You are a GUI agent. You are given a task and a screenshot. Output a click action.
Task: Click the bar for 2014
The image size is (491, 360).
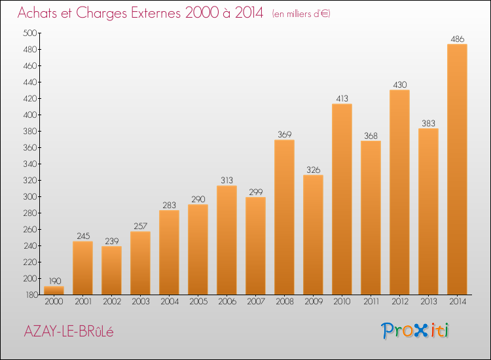coord(457,169)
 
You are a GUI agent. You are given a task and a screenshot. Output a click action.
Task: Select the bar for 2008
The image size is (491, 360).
coord(284,217)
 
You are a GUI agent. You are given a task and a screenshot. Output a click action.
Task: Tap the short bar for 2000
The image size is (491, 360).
coord(54,290)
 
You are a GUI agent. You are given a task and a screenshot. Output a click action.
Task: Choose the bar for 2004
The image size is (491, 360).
coord(169,252)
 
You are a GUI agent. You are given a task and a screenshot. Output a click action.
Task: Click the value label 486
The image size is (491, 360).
coord(457,39)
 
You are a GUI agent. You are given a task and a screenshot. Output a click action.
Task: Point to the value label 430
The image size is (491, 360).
coord(399,85)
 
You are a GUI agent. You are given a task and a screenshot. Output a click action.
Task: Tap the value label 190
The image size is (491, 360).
coord(54,281)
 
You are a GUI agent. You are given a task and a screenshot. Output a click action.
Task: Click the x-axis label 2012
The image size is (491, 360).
coord(399,302)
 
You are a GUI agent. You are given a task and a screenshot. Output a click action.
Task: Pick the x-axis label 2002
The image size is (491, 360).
coord(111,302)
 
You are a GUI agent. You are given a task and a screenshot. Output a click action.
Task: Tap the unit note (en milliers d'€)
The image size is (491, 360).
coord(301,14)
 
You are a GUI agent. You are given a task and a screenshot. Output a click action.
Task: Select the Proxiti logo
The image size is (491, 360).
coord(416,331)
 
